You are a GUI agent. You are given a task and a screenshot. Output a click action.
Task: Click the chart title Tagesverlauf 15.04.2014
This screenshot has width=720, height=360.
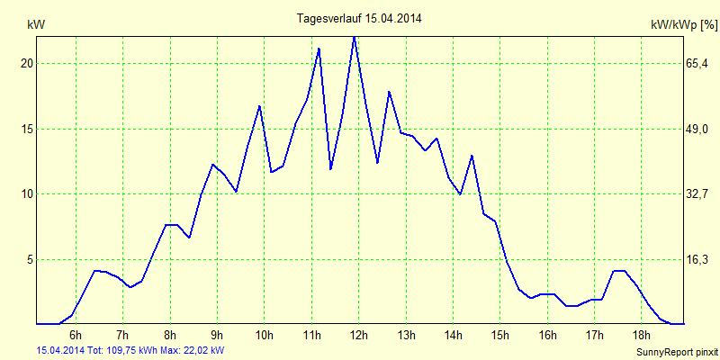coord(359,18)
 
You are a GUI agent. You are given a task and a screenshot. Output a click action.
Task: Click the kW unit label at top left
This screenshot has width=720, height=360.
coord(36,25)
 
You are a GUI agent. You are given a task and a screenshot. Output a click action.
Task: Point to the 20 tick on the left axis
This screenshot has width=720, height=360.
coord(27,64)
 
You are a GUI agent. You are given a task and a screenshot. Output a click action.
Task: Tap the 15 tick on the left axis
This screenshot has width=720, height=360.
coord(27,129)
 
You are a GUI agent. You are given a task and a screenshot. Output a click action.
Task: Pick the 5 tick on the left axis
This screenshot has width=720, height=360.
coord(30,259)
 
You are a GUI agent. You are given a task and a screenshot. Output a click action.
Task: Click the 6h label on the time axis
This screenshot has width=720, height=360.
coord(76,336)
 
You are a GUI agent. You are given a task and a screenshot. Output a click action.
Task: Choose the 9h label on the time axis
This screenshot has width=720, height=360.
coord(217,336)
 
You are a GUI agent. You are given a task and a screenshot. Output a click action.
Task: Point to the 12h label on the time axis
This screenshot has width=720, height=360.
coord(358,336)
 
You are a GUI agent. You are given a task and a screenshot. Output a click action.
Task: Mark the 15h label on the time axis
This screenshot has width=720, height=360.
coord(499,336)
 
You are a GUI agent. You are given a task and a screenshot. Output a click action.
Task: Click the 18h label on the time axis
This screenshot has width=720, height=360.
coord(641,336)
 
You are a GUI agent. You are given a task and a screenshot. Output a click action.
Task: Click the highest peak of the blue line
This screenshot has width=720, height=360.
coord(355,37)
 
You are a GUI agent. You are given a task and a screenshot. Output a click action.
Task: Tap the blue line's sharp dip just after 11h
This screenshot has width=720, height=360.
coord(331,168)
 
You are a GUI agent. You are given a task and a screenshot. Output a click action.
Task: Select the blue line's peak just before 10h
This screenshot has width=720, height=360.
coord(259,106)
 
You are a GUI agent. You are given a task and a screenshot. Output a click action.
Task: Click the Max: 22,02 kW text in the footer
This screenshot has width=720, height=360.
coord(193,350)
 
